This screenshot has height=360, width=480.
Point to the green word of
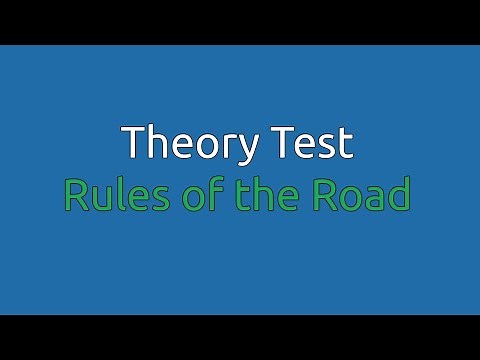coord(180,195)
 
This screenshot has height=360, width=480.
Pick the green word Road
coord(361,195)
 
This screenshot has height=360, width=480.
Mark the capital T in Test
coord(279,144)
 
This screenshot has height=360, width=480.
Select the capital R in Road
coord(324,195)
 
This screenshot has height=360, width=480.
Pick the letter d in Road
coord(399,195)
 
